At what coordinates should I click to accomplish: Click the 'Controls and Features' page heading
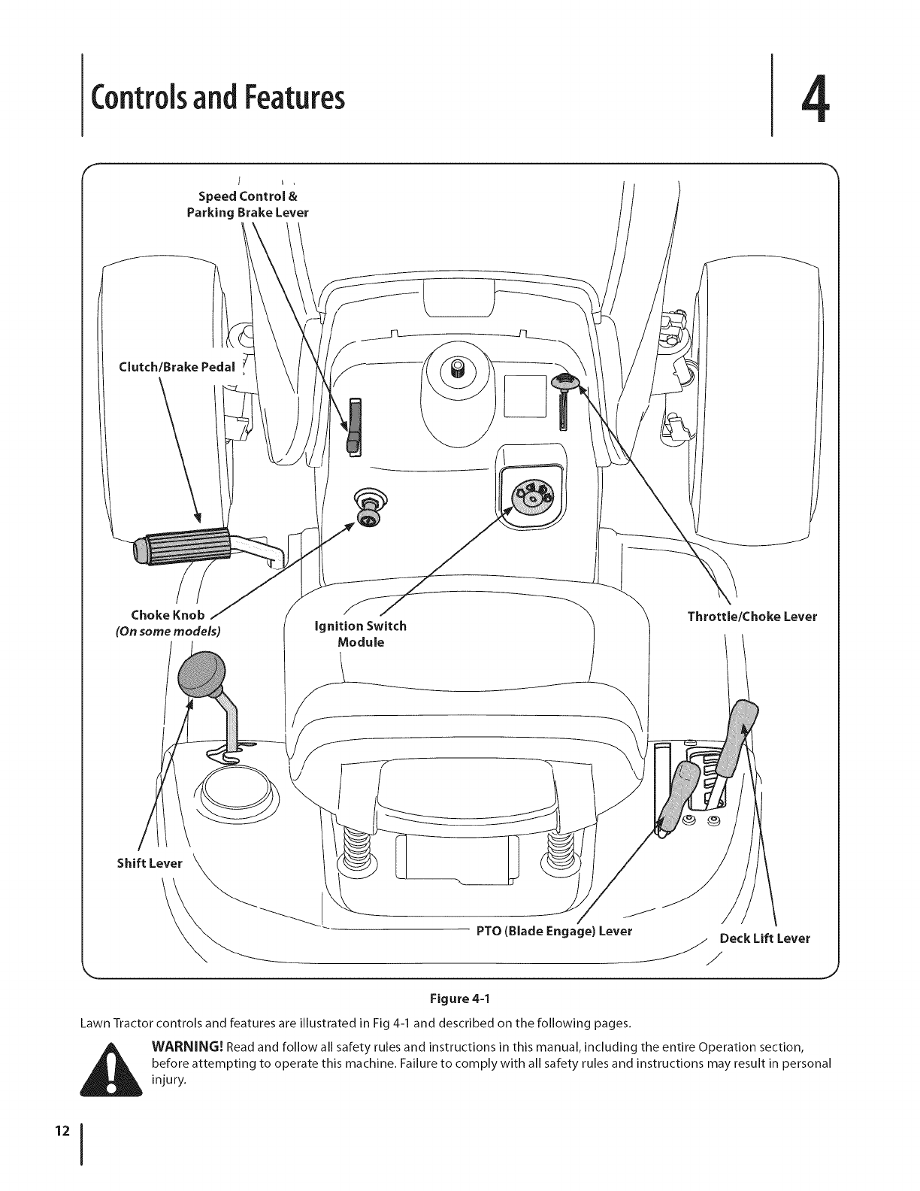[218, 97]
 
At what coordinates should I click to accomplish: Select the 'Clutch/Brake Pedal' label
[177, 367]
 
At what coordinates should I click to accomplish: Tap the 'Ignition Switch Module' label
[361, 634]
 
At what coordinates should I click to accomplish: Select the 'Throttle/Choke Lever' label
[752, 617]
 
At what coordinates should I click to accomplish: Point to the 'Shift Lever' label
[150, 862]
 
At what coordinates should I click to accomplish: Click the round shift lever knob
[202, 673]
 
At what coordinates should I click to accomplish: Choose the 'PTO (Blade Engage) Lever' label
[554, 932]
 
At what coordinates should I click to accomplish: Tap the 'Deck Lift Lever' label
[764, 938]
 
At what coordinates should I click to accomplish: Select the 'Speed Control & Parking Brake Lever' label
[247, 204]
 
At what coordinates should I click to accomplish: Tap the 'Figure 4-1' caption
[459, 999]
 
